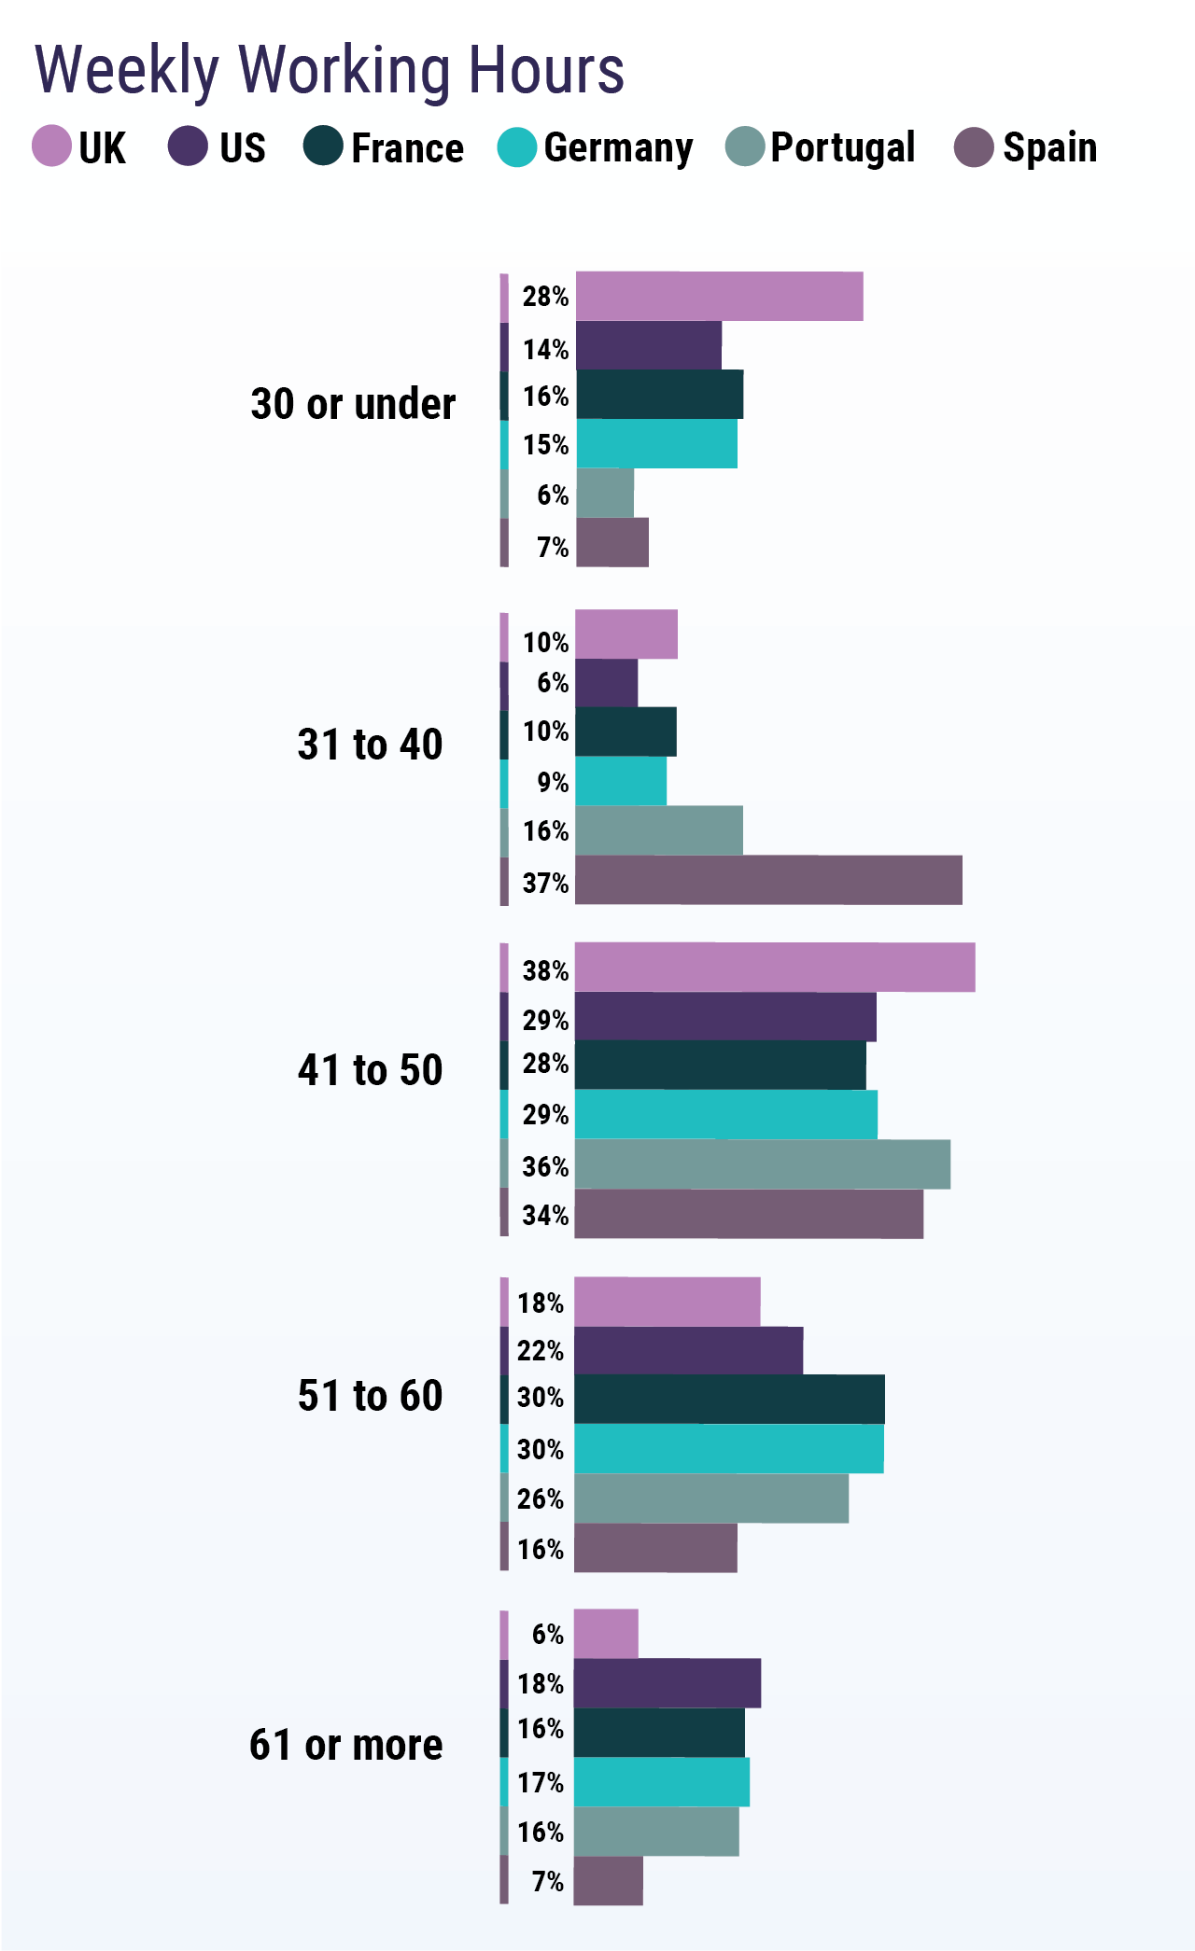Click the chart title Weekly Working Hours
tap(329, 70)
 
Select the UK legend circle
tap(51, 146)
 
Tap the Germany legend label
tap(618, 148)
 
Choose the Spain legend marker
tap(974, 146)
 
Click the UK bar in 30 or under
tap(719, 297)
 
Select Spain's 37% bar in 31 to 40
tap(768, 880)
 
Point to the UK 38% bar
tap(775, 968)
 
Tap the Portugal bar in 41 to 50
tap(762, 1164)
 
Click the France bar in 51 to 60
tap(729, 1399)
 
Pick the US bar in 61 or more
tap(667, 1683)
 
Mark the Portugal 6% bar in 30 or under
tap(605, 493)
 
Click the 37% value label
tap(545, 883)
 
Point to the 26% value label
tap(541, 1499)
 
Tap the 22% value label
tap(541, 1351)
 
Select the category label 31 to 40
tap(370, 746)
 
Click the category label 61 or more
tap(345, 1745)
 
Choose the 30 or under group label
tap(353, 405)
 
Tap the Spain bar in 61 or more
tap(608, 1880)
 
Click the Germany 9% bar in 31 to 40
tap(621, 781)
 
